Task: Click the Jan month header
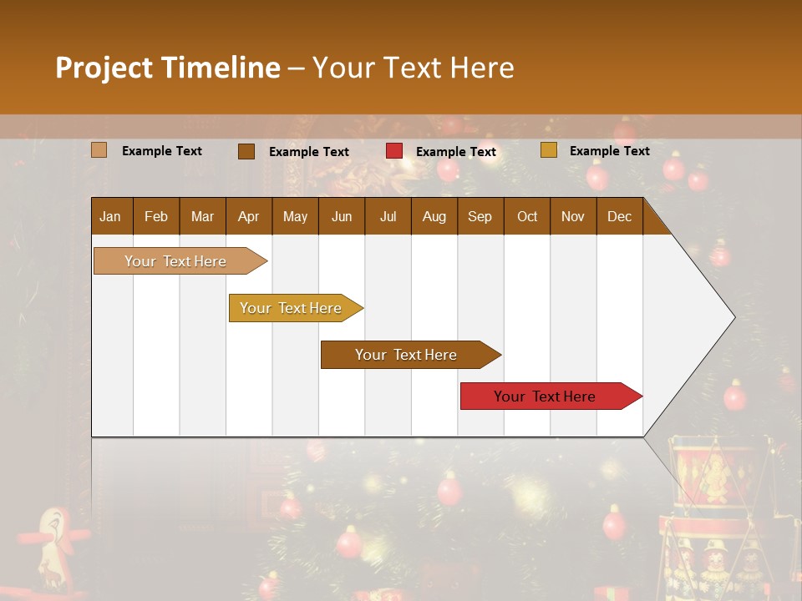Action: click(110, 216)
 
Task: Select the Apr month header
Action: click(248, 216)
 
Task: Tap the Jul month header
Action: click(388, 216)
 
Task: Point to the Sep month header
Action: click(480, 216)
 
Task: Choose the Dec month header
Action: click(619, 216)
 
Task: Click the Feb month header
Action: click(156, 216)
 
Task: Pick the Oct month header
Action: click(527, 216)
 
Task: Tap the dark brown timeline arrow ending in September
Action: click(407, 355)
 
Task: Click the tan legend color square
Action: click(99, 150)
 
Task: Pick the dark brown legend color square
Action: click(246, 151)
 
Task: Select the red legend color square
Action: click(394, 151)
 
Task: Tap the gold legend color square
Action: click(549, 150)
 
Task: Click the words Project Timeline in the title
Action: click(168, 68)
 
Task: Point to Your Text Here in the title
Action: click(414, 68)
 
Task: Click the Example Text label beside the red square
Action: click(456, 152)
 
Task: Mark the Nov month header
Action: click(573, 216)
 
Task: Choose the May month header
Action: click(295, 216)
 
